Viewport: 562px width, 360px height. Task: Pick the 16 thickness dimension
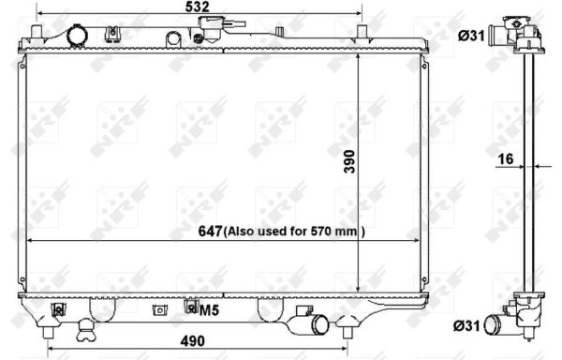coord(505,159)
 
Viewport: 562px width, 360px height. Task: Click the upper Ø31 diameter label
coord(470,36)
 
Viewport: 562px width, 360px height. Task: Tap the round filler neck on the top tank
coord(77,35)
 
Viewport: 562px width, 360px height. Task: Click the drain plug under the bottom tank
coord(86,329)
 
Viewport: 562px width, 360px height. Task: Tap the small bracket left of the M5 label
coord(161,309)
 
